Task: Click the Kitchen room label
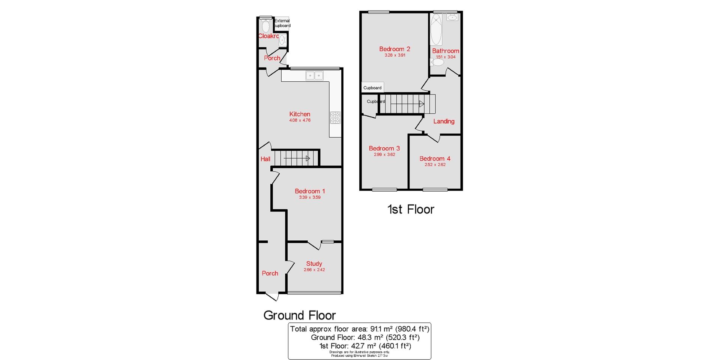click(300, 114)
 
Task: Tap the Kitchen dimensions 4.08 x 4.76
click(300, 120)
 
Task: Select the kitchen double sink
click(314, 76)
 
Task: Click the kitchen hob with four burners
click(335, 118)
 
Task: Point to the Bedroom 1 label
click(310, 191)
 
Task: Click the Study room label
click(314, 264)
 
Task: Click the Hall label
click(265, 159)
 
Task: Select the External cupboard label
click(282, 23)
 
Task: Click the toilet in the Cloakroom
click(266, 26)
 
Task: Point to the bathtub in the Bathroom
click(436, 30)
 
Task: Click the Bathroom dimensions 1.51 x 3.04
click(445, 57)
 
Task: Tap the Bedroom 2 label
click(394, 49)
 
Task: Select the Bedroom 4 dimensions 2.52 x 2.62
click(435, 165)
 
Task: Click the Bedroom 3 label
click(384, 148)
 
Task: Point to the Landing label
click(444, 121)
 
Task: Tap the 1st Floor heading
click(411, 209)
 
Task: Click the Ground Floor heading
click(300, 315)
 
